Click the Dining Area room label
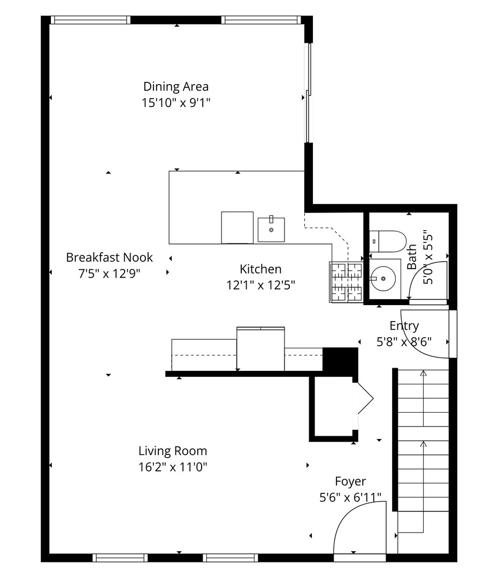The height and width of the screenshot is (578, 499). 176,87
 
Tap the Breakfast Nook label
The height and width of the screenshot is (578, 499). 110,257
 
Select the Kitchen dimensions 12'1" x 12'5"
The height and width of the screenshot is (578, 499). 261,285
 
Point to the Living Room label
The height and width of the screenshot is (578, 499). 173,451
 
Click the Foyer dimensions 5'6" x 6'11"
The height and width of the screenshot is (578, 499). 350,498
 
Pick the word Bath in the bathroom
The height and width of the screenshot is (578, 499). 412,257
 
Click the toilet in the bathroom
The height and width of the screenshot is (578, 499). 388,241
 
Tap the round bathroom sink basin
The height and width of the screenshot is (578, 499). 383,279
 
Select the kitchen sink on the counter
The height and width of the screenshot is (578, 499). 271,230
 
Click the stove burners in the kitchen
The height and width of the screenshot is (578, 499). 346,283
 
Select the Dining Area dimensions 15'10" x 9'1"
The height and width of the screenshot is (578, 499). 176,102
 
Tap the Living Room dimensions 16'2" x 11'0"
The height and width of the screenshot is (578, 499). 173,467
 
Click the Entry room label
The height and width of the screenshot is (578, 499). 404,326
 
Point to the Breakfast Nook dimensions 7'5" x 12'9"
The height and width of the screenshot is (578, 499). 110,273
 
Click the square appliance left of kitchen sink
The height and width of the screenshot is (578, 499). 237,227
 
